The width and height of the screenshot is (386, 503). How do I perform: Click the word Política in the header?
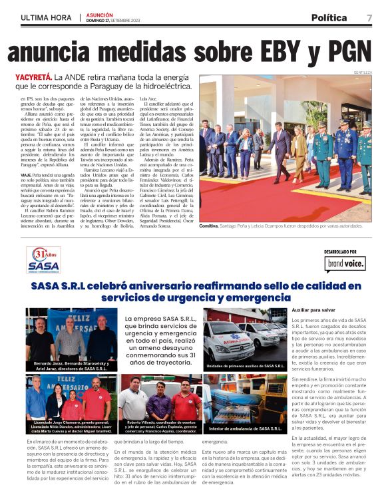click(329, 17)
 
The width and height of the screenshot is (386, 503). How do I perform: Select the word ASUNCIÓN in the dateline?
click(100, 14)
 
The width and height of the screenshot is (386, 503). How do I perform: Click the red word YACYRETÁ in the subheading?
click(34, 77)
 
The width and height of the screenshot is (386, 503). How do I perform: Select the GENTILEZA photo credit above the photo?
click(363, 71)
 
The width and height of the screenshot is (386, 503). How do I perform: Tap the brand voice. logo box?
click(344, 265)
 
